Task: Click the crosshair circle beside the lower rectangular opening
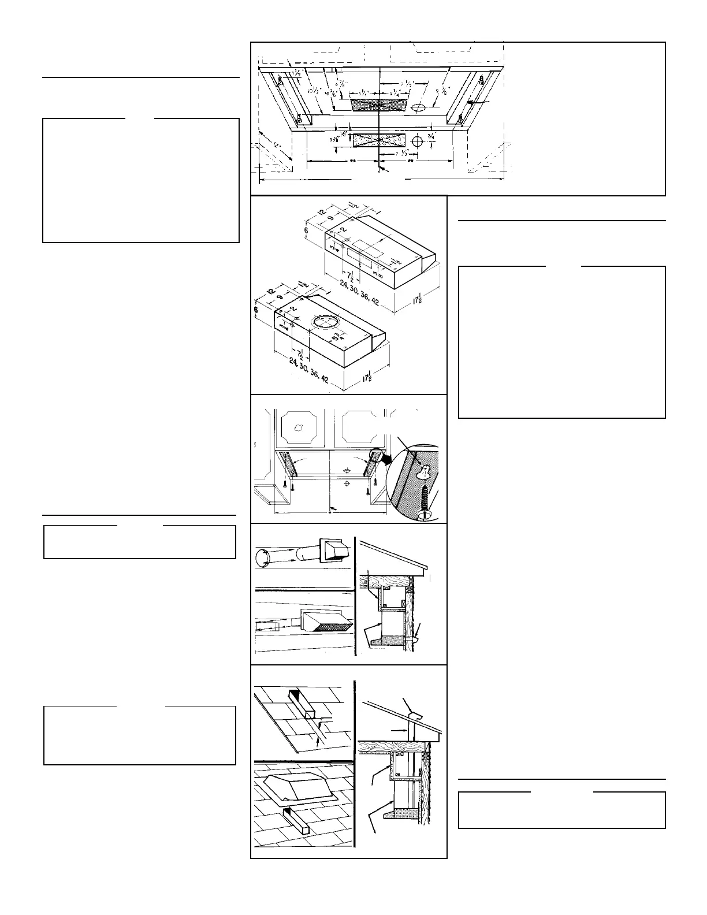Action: (417, 140)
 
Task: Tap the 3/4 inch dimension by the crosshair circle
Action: (431, 136)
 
